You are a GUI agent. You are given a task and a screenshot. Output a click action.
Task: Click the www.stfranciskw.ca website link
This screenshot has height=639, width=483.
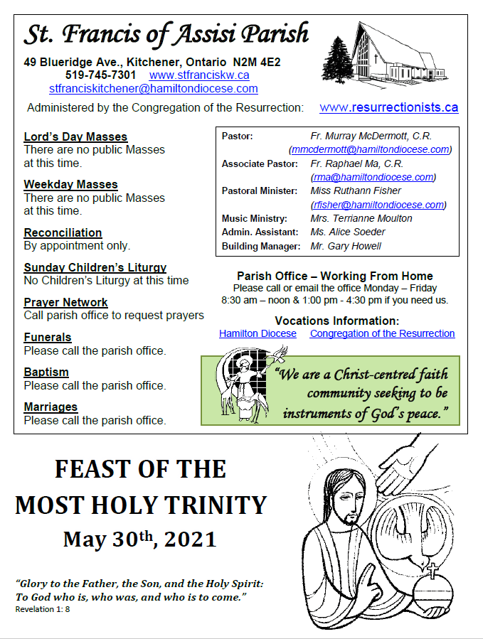[x=199, y=75]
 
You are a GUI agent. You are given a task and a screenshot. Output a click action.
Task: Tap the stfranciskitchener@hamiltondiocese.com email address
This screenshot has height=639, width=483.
[x=153, y=89]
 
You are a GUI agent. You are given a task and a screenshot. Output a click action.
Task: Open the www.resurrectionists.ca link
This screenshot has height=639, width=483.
[x=388, y=107]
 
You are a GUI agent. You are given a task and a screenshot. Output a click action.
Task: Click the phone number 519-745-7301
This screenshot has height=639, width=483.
[x=100, y=75]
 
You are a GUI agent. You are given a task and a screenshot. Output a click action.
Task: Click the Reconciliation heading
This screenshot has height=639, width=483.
[x=63, y=232]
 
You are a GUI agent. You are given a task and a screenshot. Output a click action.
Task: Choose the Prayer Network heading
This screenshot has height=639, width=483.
[x=65, y=302]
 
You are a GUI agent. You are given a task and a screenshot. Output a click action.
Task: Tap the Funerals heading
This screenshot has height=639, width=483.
[x=48, y=337]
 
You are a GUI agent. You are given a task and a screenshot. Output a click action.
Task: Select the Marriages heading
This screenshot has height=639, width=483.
[x=51, y=407]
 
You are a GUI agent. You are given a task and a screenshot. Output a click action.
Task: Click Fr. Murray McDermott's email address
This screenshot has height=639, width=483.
[x=371, y=149]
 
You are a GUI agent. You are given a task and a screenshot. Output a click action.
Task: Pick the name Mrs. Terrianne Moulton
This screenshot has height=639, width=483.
[x=361, y=218]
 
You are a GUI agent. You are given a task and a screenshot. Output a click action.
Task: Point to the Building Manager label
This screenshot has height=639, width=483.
[x=261, y=246]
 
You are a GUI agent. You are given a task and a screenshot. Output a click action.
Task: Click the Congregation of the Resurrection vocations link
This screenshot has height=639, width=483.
[x=382, y=333]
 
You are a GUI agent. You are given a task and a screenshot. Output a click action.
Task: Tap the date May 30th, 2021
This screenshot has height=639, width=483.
[x=139, y=539]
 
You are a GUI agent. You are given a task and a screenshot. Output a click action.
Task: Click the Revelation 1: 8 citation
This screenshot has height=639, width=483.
[x=43, y=609]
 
